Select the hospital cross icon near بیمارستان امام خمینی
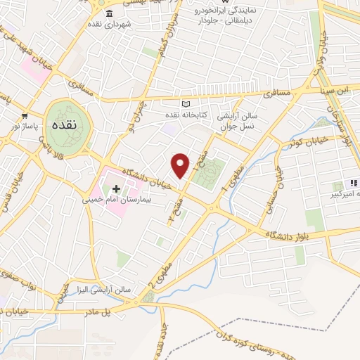[x=116, y=189]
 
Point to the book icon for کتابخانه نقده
[x=186, y=103]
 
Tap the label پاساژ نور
[x=15, y=125]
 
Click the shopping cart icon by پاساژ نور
[x=25, y=115]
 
